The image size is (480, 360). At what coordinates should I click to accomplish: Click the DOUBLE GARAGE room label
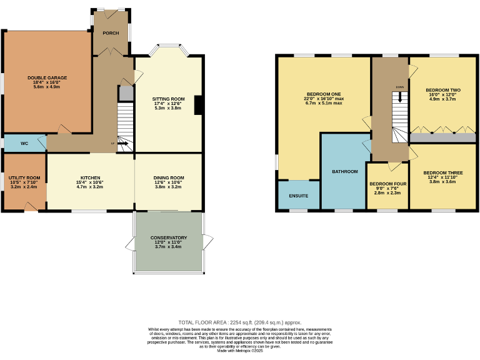click(x=47, y=78)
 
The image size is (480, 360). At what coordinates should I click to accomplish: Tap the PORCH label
click(x=111, y=33)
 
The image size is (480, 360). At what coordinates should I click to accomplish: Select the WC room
click(x=24, y=143)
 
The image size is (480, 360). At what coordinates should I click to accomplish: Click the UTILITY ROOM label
click(x=24, y=178)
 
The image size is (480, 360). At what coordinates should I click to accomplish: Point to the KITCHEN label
click(x=90, y=177)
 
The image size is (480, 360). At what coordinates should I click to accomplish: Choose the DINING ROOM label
click(x=169, y=177)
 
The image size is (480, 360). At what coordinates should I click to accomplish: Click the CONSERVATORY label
click(x=169, y=237)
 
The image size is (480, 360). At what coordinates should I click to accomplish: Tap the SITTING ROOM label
click(x=169, y=99)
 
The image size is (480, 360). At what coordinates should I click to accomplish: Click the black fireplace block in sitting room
click(x=198, y=105)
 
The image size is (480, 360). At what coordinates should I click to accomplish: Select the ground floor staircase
click(x=126, y=122)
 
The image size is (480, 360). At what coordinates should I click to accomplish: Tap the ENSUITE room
click(x=298, y=196)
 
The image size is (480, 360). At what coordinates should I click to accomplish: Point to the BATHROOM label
click(x=344, y=171)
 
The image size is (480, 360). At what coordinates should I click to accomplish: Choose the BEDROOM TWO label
click(x=442, y=90)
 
